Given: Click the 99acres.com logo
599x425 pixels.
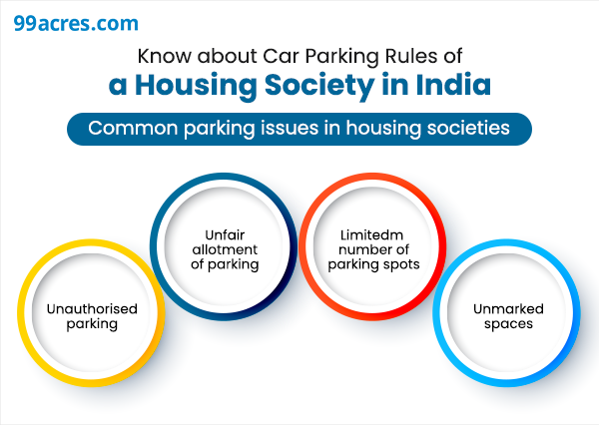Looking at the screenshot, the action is [76, 23].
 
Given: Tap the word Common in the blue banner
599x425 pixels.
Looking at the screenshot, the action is [133, 128].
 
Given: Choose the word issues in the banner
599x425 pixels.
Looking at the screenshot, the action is [290, 128].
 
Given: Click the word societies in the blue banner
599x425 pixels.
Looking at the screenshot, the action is [468, 128].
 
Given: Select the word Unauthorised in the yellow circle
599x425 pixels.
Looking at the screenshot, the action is [92, 309].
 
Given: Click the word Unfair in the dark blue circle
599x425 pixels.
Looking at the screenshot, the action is [225, 234].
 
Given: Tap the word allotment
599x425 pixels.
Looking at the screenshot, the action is [225, 249].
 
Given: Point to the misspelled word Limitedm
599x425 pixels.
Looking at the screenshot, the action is [371, 234].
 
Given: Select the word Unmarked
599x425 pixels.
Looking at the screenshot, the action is [508, 309].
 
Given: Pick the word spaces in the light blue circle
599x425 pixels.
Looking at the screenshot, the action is [508, 324].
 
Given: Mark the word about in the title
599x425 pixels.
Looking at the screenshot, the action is [227, 56].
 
